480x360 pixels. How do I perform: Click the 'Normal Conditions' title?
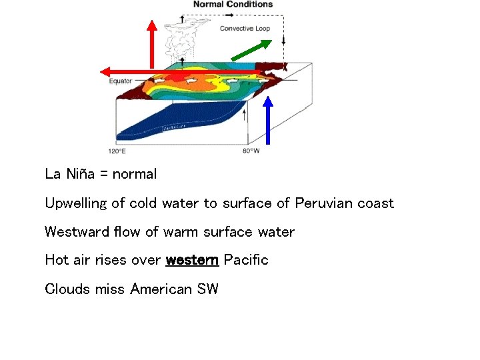click(x=233, y=5)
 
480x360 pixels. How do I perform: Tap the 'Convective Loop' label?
click(x=245, y=29)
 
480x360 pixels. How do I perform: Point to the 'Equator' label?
click(x=121, y=81)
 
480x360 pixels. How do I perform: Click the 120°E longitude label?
click(x=117, y=152)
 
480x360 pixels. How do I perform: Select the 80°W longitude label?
click(x=251, y=152)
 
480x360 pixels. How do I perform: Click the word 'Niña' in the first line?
click(x=81, y=174)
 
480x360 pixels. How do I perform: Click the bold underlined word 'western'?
click(x=192, y=260)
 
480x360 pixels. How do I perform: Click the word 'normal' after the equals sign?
click(x=135, y=174)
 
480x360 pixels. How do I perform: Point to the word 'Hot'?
click(x=56, y=260)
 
